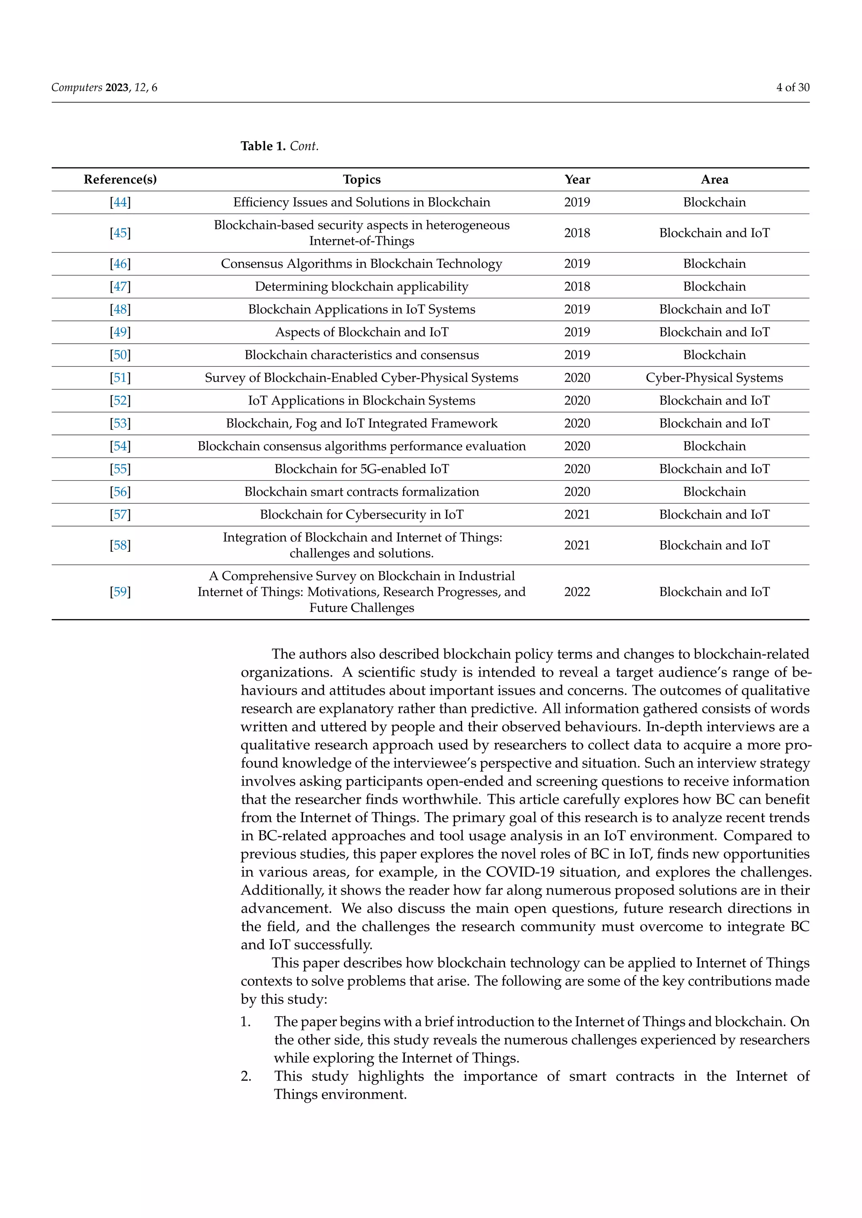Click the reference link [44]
120,202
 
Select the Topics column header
362,179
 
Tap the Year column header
577,179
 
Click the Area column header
714,179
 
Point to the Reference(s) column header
120,179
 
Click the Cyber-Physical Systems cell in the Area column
714,378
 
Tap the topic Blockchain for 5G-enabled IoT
362,469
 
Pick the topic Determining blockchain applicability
362,286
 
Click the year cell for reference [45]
577,233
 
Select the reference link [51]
120,378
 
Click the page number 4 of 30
793,87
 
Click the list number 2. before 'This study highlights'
246,1076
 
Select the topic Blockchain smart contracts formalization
362,492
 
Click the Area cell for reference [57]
714,514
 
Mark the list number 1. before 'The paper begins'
246,1022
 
